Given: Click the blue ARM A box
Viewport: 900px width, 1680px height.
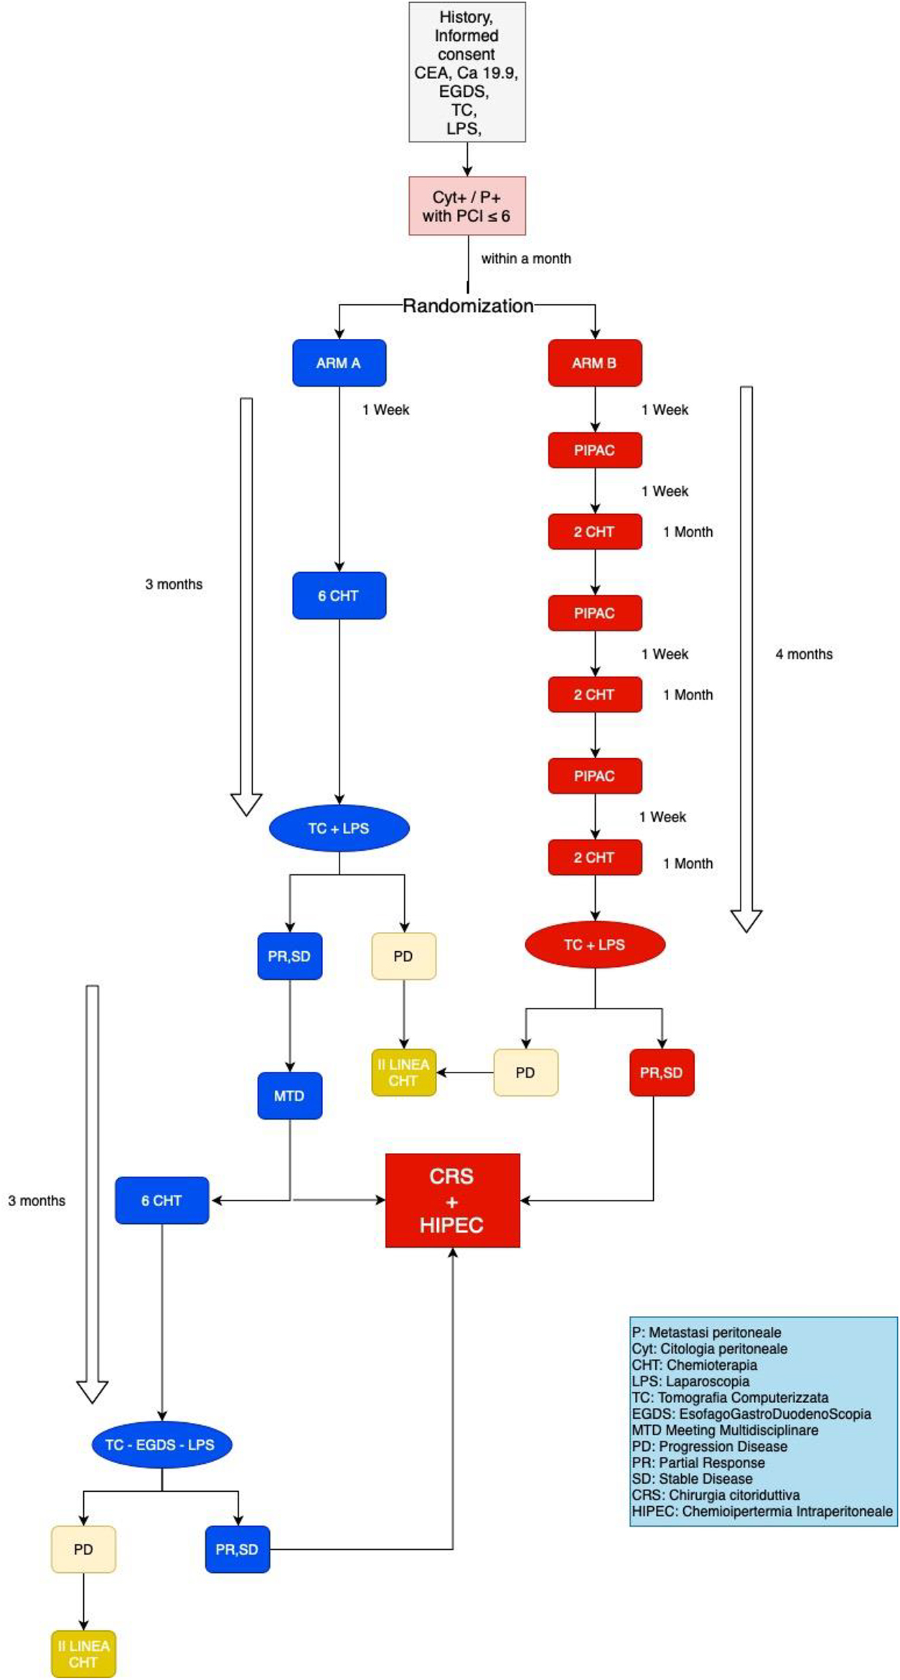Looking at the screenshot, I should (x=339, y=363).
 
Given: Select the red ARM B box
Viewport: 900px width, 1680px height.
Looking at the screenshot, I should (x=595, y=363).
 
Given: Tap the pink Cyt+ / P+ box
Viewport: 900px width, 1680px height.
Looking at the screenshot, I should (x=467, y=206).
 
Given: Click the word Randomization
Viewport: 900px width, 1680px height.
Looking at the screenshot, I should (x=468, y=305).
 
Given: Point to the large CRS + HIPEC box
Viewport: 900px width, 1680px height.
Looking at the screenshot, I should (x=452, y=1200).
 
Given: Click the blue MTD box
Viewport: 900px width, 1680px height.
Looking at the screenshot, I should (x=289, y=1096).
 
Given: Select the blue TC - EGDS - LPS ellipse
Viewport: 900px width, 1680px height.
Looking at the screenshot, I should (x=162, y=1444).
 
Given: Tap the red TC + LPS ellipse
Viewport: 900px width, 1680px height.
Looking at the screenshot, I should (x=595, y=944).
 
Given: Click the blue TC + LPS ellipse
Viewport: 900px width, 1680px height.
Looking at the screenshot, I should (x=339, y=828).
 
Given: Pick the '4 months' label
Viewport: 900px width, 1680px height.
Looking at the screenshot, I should (x=804, y=655).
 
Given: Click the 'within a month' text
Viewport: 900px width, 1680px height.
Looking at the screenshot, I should (x=526, y=258).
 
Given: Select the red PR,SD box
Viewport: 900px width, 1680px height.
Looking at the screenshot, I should (x=661, y=1072).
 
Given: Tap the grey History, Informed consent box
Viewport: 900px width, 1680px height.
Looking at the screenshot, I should (x=467, y=72).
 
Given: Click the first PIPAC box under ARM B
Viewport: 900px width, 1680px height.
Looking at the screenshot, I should (x=595, y=450).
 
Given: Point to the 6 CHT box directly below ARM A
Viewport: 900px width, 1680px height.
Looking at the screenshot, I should (x=339, y=595).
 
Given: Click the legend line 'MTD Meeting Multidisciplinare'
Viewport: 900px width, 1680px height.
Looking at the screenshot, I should (x=725, y=1430).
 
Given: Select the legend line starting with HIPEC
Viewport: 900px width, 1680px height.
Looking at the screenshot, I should (x=762, y=1511).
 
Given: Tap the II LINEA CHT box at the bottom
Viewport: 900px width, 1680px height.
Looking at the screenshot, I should (x=83, y=1653).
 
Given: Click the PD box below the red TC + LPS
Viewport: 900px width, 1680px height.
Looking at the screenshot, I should (x=525, y=1072).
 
